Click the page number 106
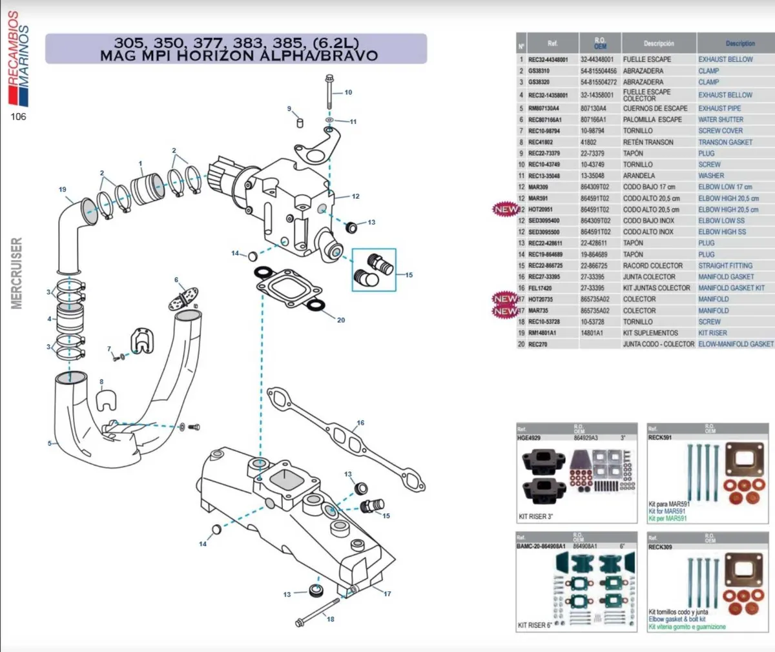click(x=18, y=117)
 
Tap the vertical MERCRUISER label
click(x=17, y=273)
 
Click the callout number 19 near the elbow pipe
click(x=62, y=190)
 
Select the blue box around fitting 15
click(x=373, y=269)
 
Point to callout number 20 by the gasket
click(x=341, y=320)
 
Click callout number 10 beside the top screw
click(x=348, y=92)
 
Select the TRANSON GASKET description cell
click(x=725, y=142)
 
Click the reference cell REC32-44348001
click(x=548, y=59)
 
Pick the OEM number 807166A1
click(x=593, y=119)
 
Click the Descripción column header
click(x=658, y=44)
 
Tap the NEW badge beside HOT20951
click(x=505, y=209)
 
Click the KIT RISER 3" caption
click(x=535, y=516)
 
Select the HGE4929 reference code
click(x=528, y=438)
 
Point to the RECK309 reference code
click(x=660, y=547)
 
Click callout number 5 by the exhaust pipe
click(x=49, y=443)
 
